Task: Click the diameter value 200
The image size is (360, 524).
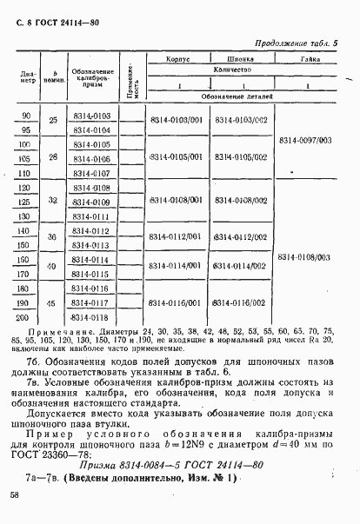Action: click(x=24, y=318)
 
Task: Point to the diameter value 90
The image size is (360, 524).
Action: click(x=24, y=115)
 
